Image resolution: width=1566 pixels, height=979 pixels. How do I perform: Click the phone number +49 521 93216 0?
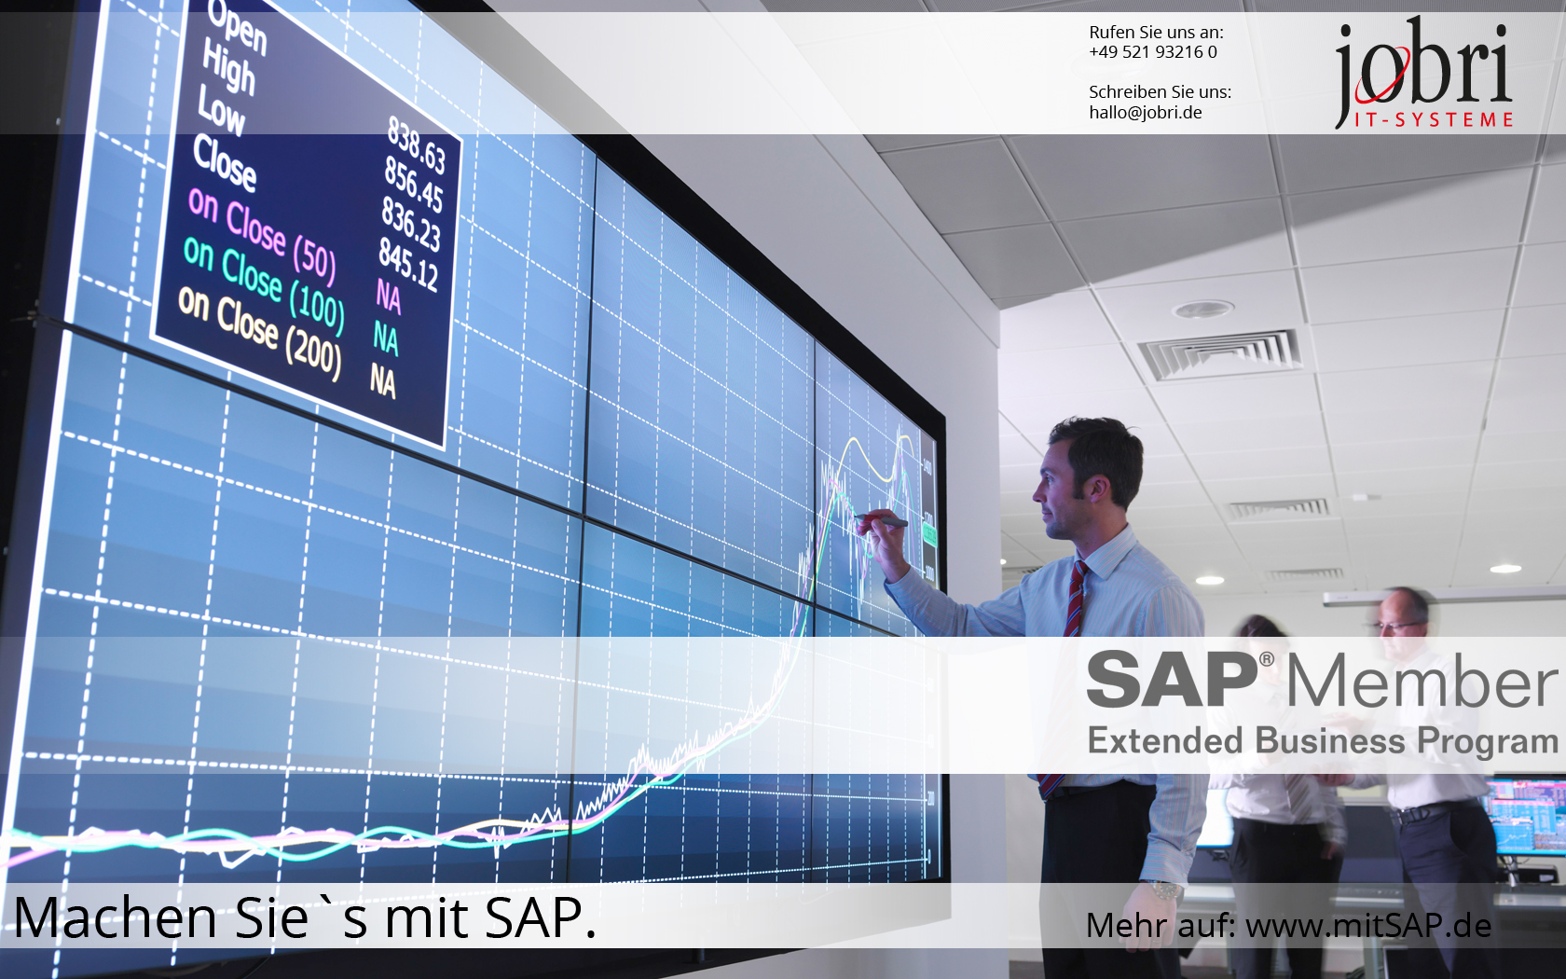coord(1152,52)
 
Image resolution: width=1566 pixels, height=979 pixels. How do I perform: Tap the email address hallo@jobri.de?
coord(1145,113)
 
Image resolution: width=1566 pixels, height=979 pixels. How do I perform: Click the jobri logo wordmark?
coord(1422,65)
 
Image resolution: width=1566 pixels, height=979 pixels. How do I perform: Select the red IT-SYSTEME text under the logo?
coord(1433,120)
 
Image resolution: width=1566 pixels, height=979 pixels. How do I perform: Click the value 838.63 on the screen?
coord(417,145)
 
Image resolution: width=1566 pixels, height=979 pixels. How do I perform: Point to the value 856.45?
coord(413,185)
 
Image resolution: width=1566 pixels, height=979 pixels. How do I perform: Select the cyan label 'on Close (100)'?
coord(264,283)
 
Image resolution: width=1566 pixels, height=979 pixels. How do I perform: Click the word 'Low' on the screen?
coord(221,110)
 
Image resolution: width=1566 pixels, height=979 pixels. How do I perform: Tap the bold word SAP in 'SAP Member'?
coord(1172,681)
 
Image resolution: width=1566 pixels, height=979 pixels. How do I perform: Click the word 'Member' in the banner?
coord(1421,683)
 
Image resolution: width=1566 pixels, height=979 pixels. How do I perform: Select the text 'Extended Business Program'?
coord(1322,741)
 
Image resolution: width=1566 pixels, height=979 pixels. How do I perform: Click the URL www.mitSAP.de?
coord(1367,926)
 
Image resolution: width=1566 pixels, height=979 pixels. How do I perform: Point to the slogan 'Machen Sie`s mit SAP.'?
coord(305,918)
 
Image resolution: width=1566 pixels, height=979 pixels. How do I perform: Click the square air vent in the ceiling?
coord(1220,353)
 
